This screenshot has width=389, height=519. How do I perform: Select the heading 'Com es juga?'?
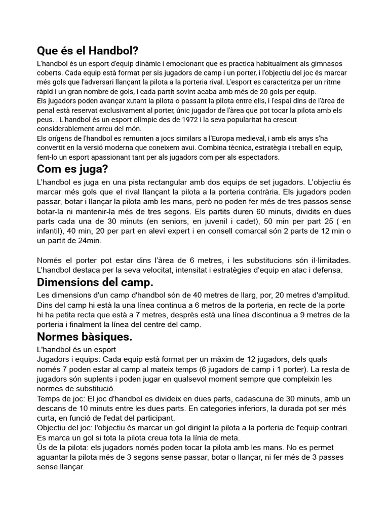tap(72, 169)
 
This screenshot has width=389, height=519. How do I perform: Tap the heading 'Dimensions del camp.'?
tap(95, 281)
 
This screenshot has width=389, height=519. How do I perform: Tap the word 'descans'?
tap(52, 409)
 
